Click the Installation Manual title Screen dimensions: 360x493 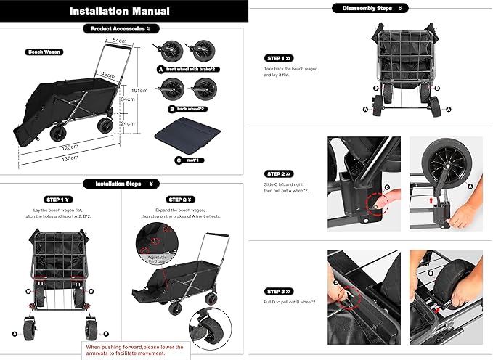[x=120, y=11]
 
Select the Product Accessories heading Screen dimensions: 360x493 [x=120, y=29]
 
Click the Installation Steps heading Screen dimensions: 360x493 [x=120, y=184]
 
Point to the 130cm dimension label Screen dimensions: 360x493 [x=70, y=158]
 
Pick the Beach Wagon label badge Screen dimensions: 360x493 [x=44, y=52]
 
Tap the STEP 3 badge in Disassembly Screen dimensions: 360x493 [x=279, y=291]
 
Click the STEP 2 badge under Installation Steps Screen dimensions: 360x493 [x=179, y=199]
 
